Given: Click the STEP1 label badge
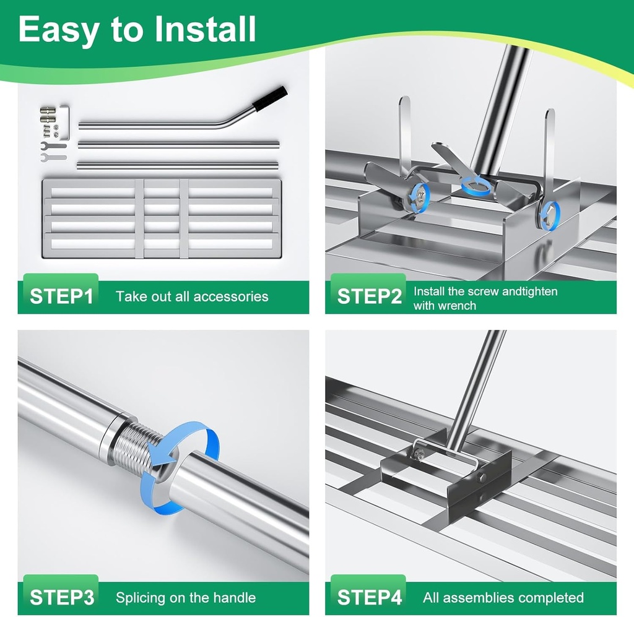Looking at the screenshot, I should [61, 296].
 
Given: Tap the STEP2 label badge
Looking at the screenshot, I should [368, 296].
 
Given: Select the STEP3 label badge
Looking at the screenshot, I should [61, 597].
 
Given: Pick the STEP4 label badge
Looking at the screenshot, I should [368, 597].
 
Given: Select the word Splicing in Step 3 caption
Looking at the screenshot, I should [142, 598].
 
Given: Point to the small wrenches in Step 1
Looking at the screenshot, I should [53, 152].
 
